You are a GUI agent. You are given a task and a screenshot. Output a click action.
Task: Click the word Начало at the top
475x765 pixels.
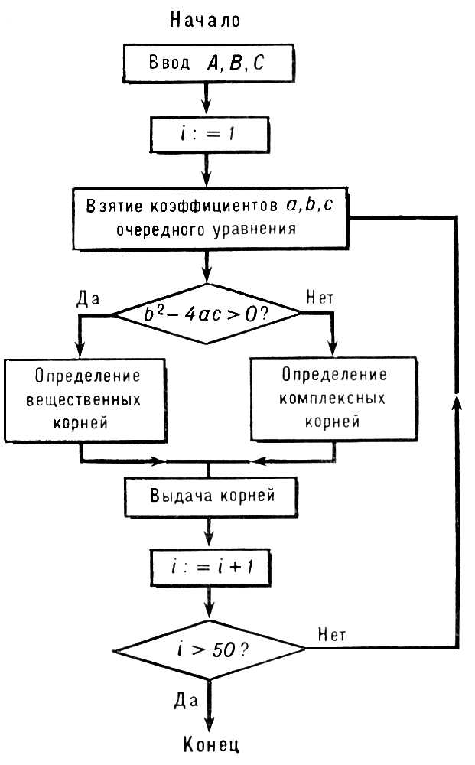tap(205, 20)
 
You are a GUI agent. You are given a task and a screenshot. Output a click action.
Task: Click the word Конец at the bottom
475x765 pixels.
tap(211, 744)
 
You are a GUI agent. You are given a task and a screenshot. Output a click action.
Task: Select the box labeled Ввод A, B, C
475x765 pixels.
tap(209, 63)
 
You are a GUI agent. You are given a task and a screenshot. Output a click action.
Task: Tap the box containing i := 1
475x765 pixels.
tap(210, 134)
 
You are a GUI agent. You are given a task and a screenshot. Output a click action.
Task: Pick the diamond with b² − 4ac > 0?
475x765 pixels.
tap(207, 314)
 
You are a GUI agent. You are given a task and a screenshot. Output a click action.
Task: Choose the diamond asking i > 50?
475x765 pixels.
tap(210, 649)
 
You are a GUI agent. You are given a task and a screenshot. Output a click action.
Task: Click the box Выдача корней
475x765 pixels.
tap(211, 496)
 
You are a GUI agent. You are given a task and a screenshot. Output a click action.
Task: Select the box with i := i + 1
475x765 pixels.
tap(210, 568)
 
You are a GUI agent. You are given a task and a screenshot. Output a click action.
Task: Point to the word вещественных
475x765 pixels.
tap(83, 400)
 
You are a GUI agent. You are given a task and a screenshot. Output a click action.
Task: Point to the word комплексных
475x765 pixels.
tap(332, 399)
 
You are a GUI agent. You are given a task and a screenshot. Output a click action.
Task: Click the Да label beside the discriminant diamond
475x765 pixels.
tap(88, 298)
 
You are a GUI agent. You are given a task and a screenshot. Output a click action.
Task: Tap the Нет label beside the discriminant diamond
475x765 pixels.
tap(320, 297)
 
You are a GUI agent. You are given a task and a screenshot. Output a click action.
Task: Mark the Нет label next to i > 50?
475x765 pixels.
tap(332, 634)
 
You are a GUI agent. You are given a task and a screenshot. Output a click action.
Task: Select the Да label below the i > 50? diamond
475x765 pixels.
tap(186, 701)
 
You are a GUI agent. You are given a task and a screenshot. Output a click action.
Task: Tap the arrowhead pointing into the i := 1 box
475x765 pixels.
tap(207, 107)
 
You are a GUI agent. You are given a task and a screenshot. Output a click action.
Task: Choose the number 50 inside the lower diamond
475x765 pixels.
tap(224, 649)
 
